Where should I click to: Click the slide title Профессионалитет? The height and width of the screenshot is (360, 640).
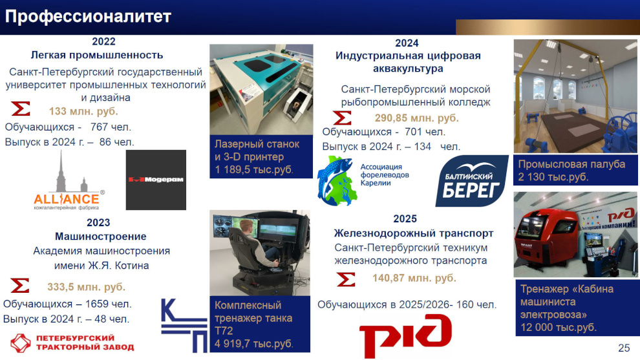pos(88,17)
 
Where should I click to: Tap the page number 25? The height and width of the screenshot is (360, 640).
pos(624,348)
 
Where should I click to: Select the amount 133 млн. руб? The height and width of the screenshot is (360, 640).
pos(83,111)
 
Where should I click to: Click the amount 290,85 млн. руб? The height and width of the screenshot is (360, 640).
pos(417,118)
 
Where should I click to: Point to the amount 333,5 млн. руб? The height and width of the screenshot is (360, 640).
pos(86,286)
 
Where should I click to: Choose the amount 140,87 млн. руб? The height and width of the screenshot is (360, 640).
pos(414,278)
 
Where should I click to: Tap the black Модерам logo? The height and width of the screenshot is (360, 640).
pos(156,180)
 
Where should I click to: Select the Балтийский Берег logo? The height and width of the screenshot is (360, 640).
pos(472,181)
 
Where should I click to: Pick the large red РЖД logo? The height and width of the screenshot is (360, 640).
pos(405,335)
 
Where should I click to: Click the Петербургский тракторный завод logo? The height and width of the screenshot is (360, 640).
pos(72,343)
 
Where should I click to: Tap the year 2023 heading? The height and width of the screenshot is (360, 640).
pos(98,222)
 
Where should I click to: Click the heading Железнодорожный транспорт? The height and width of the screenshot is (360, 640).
pos(414,233)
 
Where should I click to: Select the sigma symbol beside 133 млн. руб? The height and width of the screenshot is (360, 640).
pos(21,109)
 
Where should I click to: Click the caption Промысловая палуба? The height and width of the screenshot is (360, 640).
pos(571,164)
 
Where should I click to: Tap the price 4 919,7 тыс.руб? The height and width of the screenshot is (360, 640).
pos(254,344)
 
